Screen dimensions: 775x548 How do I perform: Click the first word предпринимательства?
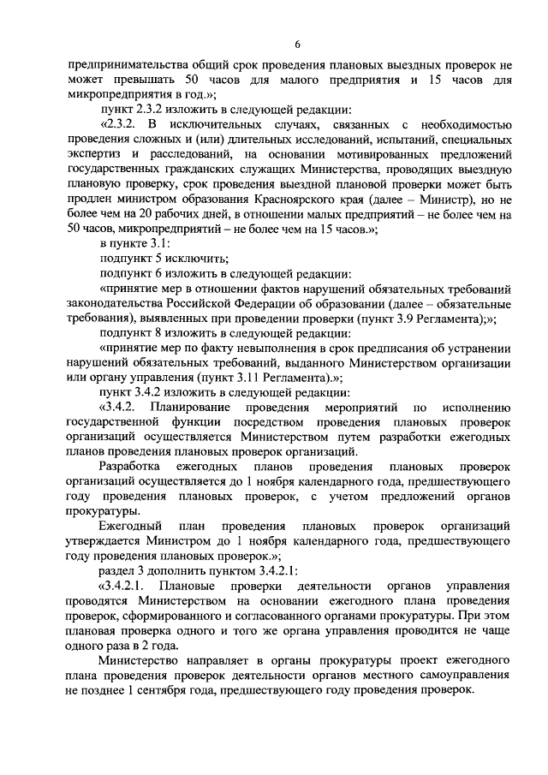(122, 64)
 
